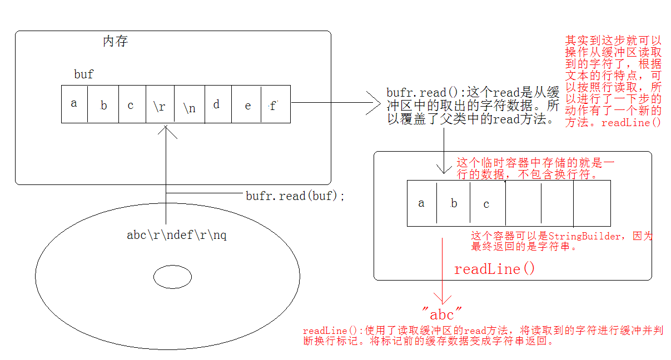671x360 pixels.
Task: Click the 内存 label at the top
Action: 116,42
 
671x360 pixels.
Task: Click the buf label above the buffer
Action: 84,74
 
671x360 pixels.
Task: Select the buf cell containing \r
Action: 160,104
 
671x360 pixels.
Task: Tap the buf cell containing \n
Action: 189,104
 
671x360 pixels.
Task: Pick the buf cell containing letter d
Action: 217,104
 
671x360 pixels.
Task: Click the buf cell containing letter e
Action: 247,104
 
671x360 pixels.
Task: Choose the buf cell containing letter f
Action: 275,104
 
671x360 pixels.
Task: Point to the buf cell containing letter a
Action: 74,104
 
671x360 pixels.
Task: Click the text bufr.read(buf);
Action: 295,196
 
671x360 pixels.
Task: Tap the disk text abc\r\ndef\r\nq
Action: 177,235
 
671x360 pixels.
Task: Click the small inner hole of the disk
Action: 172,277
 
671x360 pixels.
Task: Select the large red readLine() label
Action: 494,269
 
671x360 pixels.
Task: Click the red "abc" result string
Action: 442,315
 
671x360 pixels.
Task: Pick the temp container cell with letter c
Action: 487,203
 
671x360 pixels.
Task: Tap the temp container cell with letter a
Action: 421,203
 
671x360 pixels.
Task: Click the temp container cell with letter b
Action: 454,203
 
